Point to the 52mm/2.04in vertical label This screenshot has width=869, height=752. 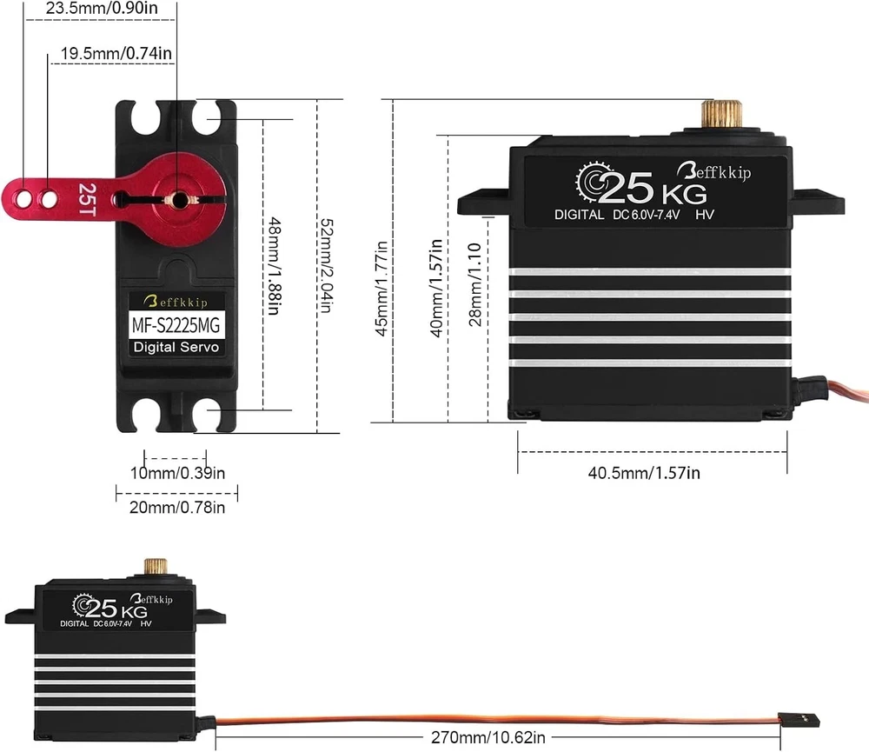(324, 266)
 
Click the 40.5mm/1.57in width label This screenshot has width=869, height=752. (644, 473)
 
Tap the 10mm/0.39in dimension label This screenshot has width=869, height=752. (177, 474)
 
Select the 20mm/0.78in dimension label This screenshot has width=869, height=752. (177, 508)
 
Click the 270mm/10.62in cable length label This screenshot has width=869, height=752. (488, 738)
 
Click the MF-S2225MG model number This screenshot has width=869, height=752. (176, 327)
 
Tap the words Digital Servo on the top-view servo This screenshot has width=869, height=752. (176, 348)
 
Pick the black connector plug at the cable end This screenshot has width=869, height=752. (804, 721)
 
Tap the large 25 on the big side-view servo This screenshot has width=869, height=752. (626, 186)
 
